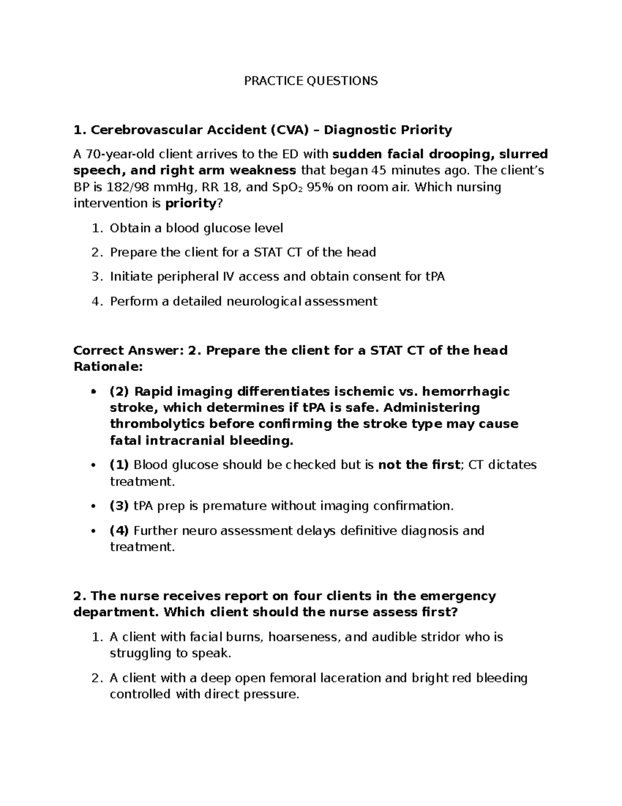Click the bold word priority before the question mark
tap(190, 203)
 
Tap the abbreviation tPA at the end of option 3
tap(435, 277)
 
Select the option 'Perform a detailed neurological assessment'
tap(244, 301)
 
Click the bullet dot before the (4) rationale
tap(93, 531)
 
